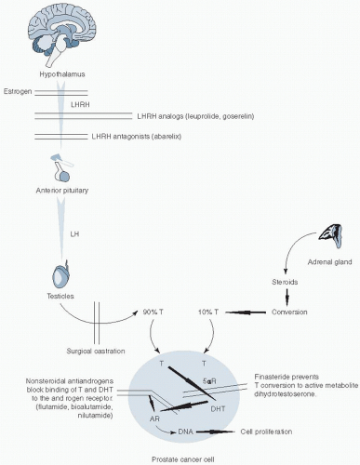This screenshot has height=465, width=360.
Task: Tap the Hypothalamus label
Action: pyautogui.click(x=62, y=74)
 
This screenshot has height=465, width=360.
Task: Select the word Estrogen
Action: pyautogui.click(x=18, y=92)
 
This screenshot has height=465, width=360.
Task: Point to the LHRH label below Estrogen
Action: pyautogui.click(x=80, y=105)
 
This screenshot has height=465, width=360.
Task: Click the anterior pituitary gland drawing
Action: pyautogui.click(x=62, y=167)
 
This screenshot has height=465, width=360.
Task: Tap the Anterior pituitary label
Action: pyautogui.click(x=62, y=191)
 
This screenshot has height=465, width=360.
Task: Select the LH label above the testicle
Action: pyautogui.click(x=74, y=234)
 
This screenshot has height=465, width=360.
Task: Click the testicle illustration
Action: pyautogui.click(x=60, y=276)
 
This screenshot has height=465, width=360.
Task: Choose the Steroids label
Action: pyautogui.click(x=285, y=282)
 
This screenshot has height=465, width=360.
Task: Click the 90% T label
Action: pyautogui.click(x=153, y=312)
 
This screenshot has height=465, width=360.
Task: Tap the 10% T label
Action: pyautogui.click(x=208, y=312)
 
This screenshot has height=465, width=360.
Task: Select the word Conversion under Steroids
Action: pyautogui.click(x=289, y=312)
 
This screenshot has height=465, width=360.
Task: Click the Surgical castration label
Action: pyautogui.click(x=96, y=352)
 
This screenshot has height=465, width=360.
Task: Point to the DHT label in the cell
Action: pyautogui.click(x=218, y=409)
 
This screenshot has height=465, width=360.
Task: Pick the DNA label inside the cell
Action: pyautogui.click(x=186, y=432)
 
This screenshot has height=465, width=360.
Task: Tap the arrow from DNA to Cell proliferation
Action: pyautogui.click(x=215, y=432)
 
